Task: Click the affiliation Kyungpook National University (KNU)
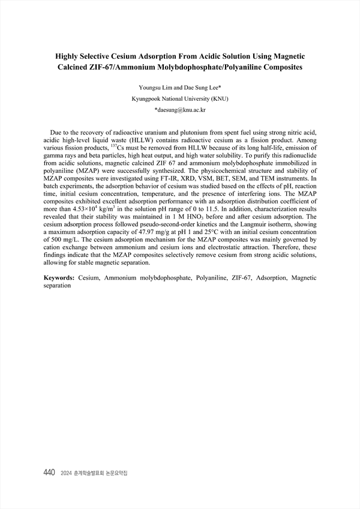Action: [179, 98]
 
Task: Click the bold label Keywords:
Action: [59, 279]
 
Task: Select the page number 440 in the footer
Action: [49, 473]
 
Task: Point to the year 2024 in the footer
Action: [66, 474]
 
